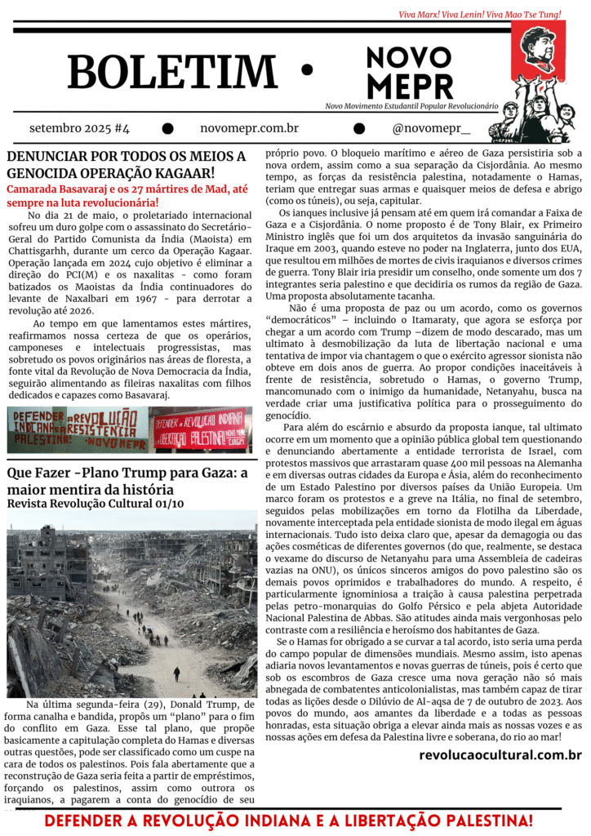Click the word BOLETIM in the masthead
point(172,72)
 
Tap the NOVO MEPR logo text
point(409,71)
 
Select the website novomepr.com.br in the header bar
point(249,128)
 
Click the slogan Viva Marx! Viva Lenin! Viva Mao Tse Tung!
point(491,14)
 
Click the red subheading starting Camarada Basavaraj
point(127,196)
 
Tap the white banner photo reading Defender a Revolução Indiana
point(78,429)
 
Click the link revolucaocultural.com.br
point(500,755)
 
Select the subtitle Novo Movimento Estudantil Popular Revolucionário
point(411,106)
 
